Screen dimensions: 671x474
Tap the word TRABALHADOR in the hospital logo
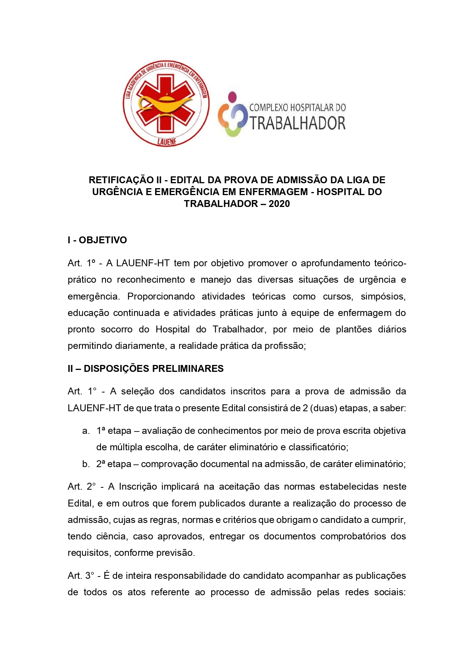tap(297, 123)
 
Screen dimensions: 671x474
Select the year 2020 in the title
tap(279, 204)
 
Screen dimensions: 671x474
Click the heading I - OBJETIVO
tap(97, 240)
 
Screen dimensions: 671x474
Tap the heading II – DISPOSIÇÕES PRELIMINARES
tap(145, 368)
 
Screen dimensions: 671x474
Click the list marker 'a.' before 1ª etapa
tap(86, 431)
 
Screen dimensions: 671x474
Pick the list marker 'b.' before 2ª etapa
tap(86, 464)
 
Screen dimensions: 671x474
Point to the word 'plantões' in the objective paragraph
tap(354, 329)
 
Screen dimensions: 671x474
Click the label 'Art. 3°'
tap(81, 576)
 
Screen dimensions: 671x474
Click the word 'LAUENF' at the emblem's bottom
tap(166, 142)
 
